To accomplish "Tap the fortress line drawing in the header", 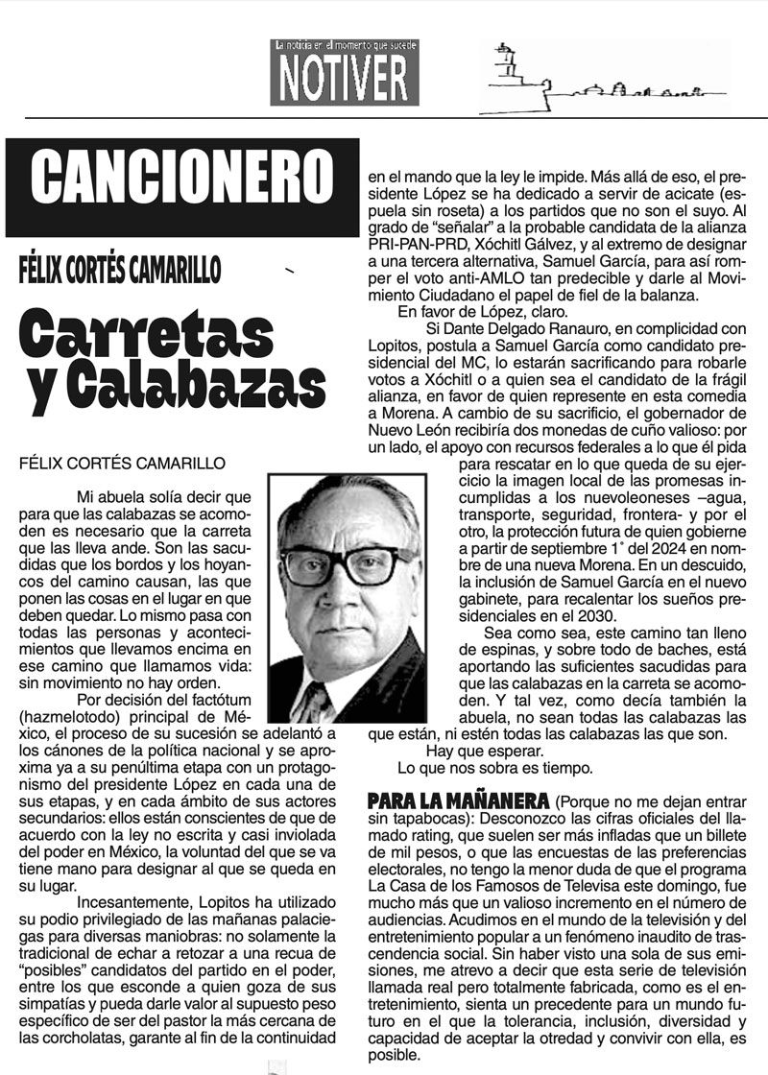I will [595, 75].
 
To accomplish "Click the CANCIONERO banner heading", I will [180, 179].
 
